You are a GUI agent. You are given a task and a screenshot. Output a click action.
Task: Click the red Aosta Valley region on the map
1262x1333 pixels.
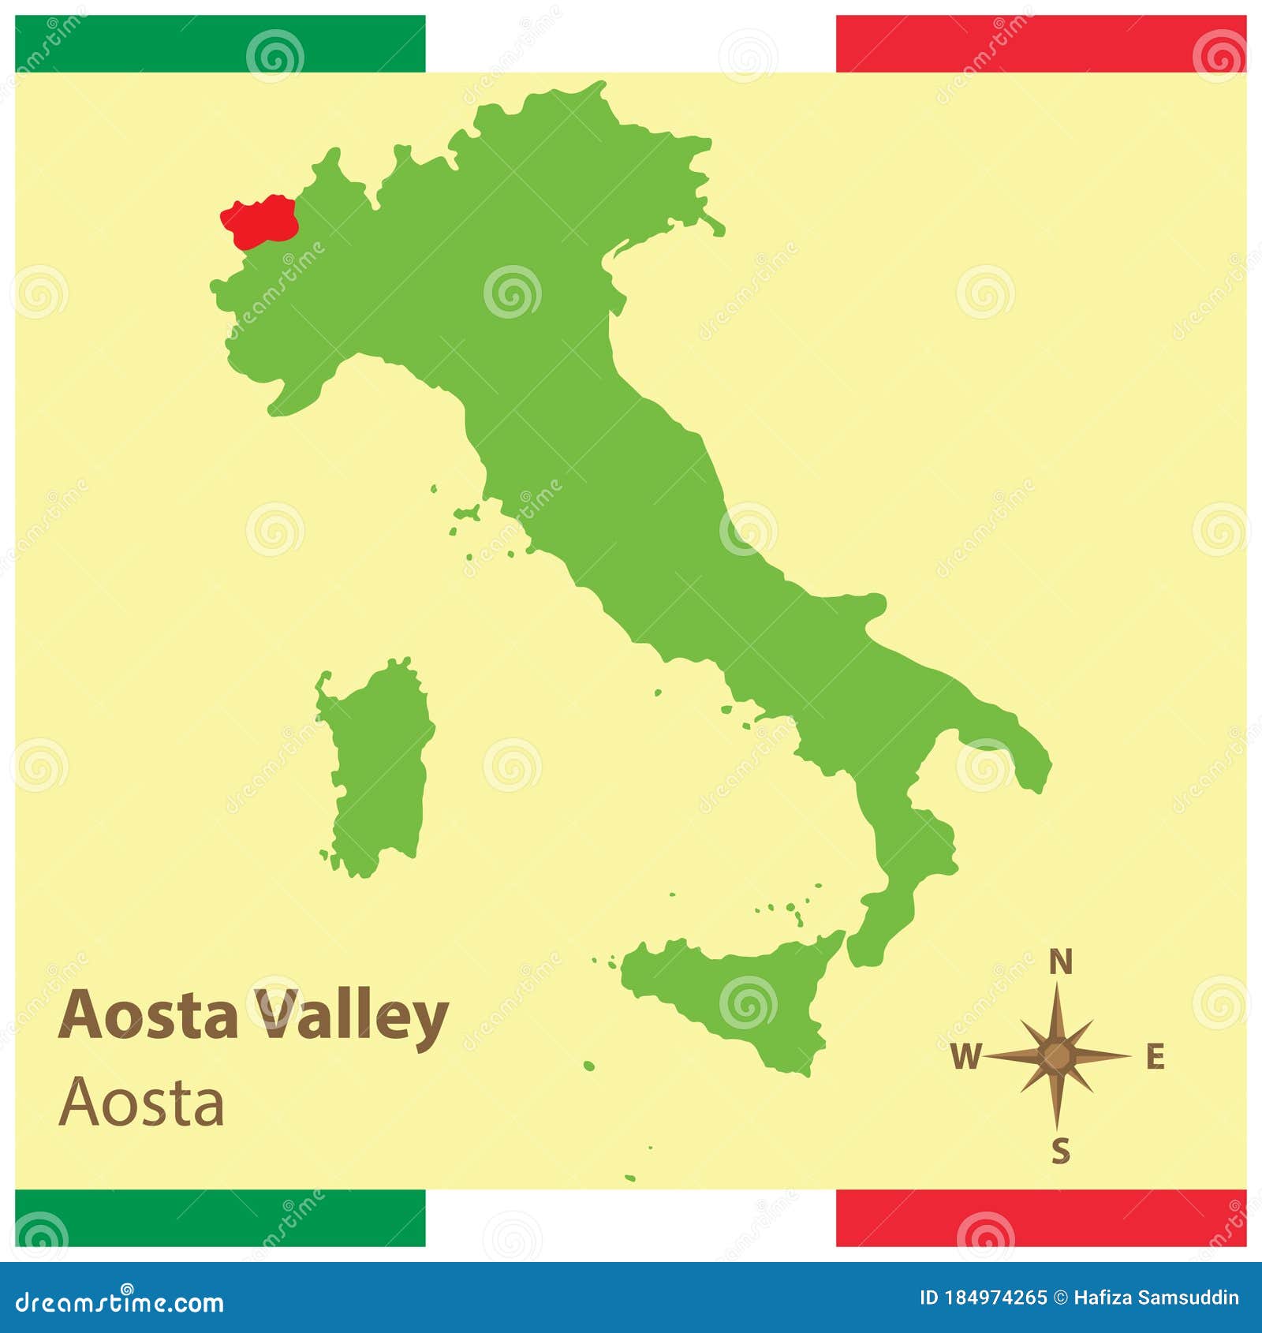(x=259, y=218)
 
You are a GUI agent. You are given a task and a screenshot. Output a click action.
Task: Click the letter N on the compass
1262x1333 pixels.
(x=1061, y=963)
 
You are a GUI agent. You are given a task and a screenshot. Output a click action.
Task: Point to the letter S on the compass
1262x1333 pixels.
(x=1061, y=1152)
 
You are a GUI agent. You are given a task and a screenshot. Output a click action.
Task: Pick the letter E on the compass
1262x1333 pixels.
(x=1155, y=1057)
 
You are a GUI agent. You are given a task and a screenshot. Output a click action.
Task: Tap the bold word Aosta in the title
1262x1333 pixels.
(x=148, y=1015)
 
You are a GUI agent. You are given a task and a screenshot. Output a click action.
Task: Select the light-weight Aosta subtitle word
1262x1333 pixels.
(x=142, y=1103)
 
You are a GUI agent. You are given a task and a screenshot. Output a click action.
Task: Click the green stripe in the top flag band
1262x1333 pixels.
(x=220, y=44)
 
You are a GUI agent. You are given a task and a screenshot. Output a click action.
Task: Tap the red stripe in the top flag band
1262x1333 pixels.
(x=1041, y=44)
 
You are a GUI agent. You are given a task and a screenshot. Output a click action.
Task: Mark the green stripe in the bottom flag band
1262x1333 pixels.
(x=220, y=1218)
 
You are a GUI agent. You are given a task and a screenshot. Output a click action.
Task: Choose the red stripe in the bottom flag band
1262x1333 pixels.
(x=1041, y=1218)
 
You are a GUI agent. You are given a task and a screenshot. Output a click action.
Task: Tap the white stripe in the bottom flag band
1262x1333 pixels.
(x=631, y=1218)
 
